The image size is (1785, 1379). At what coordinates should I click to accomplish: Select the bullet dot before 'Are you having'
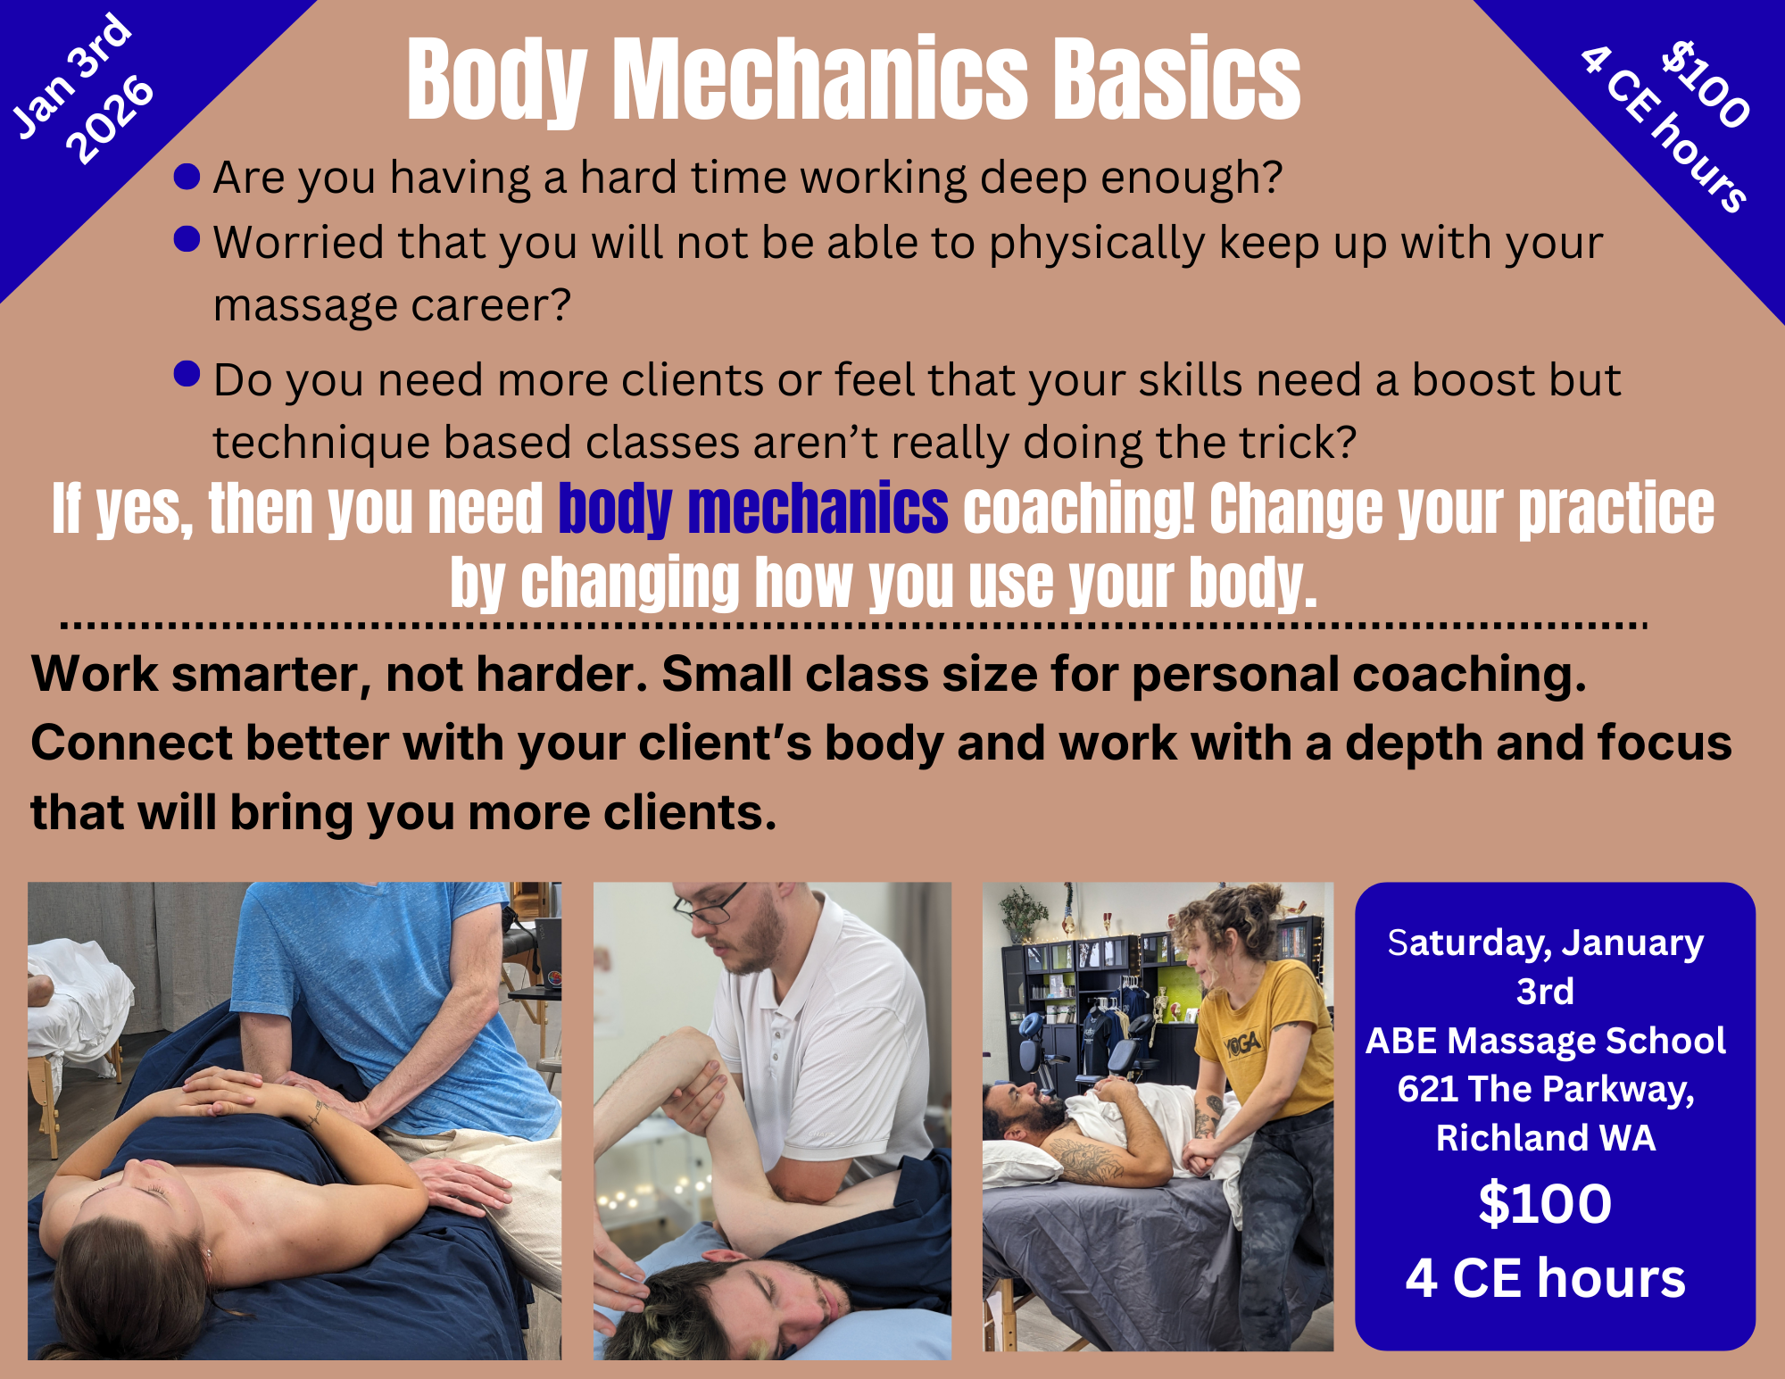187,177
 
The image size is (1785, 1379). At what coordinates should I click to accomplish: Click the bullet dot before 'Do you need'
187,374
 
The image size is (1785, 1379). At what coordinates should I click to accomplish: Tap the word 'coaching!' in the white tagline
1079,509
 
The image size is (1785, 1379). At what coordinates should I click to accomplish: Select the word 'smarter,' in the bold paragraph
271,675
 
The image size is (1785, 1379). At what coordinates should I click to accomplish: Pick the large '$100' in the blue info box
1546,1203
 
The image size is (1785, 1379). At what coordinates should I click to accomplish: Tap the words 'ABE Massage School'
1546,1041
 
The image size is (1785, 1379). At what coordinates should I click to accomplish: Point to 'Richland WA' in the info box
1546,1138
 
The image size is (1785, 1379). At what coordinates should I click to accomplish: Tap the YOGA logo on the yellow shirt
1241,1043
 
